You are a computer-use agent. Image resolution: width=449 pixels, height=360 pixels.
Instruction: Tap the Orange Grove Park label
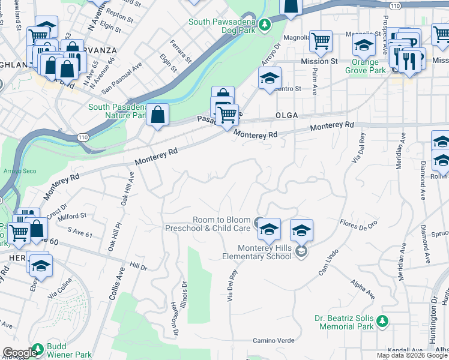pos(365,66)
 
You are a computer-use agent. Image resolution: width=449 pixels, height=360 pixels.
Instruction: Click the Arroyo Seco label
pos(22,171)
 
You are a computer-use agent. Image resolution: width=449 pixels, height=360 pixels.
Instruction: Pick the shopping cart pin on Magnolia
pos(321,41)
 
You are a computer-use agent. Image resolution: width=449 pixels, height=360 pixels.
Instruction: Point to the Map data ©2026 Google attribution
pos(411,355)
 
